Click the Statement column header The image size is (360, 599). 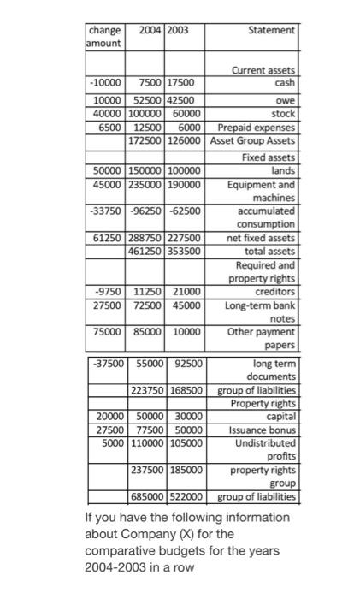[271, 30]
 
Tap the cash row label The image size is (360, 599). [285, 83]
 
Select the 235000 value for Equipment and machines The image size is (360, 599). [145, 183]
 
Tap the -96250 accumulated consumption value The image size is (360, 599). [145, 210]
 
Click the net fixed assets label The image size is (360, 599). [261, 237]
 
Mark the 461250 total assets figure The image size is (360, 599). [145, 251]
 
